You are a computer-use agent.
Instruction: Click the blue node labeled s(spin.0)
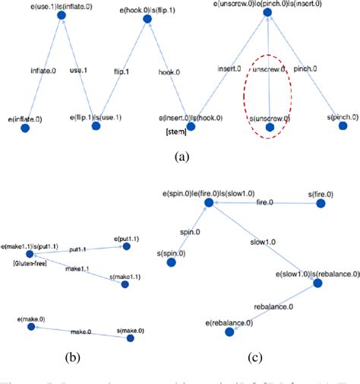tap(171, 262)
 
